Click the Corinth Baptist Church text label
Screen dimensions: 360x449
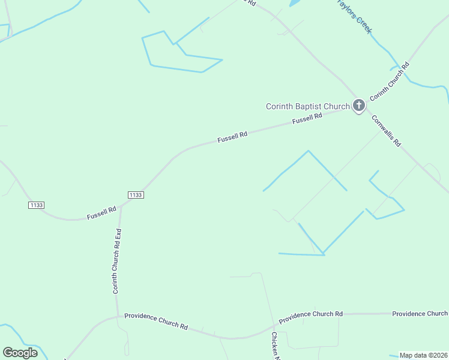(307, 107)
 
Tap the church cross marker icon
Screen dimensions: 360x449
(358, 106)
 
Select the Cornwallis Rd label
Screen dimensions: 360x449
(386, 130)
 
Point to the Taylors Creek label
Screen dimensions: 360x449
(354, 16)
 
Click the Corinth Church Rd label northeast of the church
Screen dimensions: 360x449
(389, 81)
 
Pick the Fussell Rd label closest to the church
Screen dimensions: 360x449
(307, 119)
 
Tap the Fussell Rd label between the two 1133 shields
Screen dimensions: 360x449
(101, 214)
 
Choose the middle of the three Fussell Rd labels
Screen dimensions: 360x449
(232, 137)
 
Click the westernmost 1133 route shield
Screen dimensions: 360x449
(36, 205)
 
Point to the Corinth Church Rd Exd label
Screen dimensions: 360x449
(118, 260)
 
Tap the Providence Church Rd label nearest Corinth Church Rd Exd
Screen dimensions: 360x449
(156, 321)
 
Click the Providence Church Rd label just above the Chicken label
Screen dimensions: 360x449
(311, 314)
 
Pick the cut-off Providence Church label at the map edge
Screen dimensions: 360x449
(420, 314)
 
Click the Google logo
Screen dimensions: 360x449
(20, 353)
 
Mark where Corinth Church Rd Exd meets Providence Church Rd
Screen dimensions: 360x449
(118, 316)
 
